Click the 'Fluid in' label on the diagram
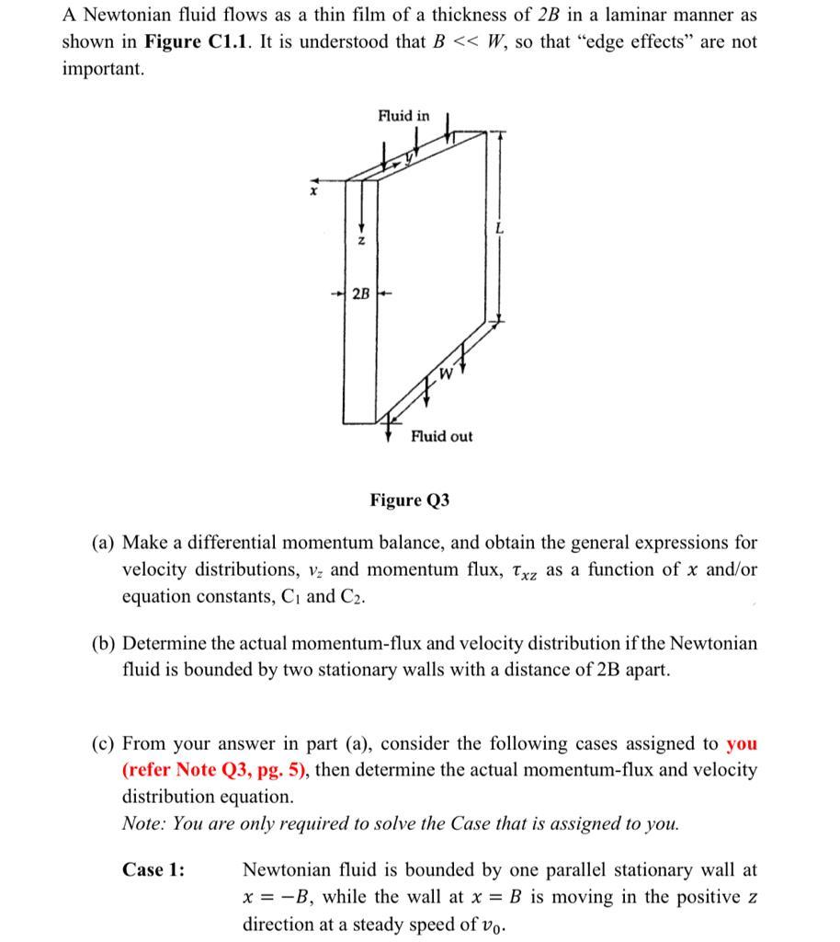[x=403, y=115]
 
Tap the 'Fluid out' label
[x=441, y=436]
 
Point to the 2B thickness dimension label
[x=361, y=294]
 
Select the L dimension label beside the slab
[x=499, y=227]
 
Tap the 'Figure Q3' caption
[x=410, y=500]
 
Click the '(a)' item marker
[x=103, y=543]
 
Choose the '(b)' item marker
[x=103, y=643]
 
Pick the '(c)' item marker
[x=103, y=743]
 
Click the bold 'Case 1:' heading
[x=153, y=869]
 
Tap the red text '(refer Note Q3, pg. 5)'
[x=215, y=770]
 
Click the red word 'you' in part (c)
[x=742, y=743]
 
